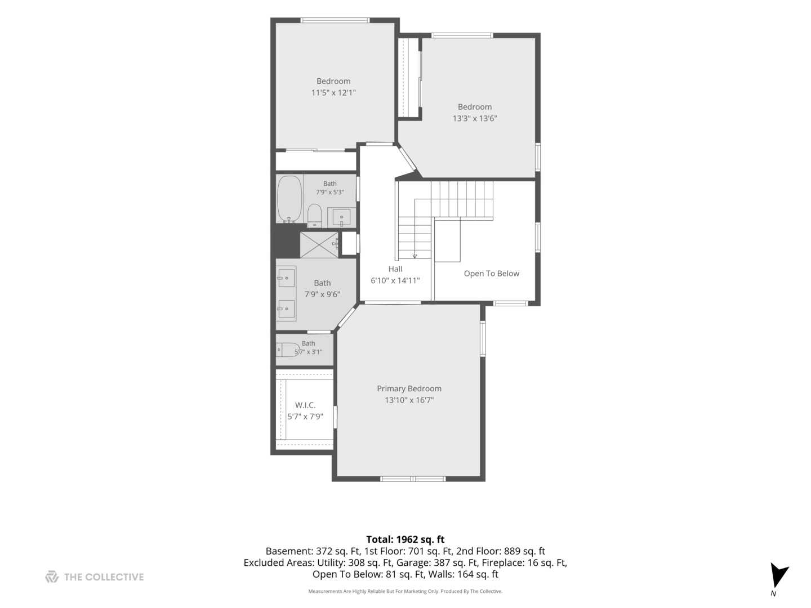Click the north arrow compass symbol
(x=778, y=575)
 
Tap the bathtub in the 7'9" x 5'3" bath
(x=289, y=199)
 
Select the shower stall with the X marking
(x=319, y=245)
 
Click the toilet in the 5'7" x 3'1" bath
(x=288, y=349)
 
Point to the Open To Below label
(x=492, y=274)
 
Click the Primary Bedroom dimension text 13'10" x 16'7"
(x=409, y=400)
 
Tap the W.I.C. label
(x=305, y=405)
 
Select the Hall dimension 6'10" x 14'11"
(x=395, y=280)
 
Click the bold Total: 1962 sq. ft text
(x=405, y=539)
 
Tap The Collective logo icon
(x=52, y=576)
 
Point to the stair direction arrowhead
(x=415, y=256)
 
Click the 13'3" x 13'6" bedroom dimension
(x=475, y=118)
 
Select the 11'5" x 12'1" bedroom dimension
(x=333, y=93)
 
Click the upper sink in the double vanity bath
(x=286, y=278)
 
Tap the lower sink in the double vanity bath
(x=286, y=309)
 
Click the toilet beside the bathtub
(x=314, y=216)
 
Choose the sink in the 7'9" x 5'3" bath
(x=341, y=217)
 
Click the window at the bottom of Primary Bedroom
(x=413, y=479)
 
